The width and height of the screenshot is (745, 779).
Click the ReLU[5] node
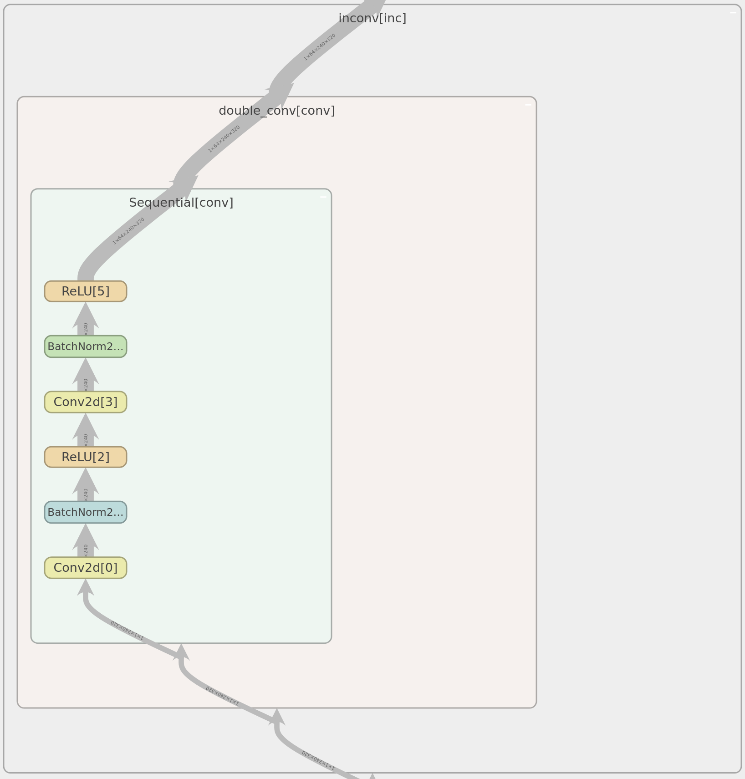tap(86, 291)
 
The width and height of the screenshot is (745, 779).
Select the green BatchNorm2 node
tap(86, 346)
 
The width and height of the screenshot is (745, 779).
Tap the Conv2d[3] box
tap(86, 402)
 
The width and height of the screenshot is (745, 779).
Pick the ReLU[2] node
tap(86, 457)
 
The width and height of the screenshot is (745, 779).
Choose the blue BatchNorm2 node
tap(86, 512)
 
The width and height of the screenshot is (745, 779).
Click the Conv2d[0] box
tap(86, 568)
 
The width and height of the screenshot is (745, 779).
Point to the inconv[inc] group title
tap(372, 19)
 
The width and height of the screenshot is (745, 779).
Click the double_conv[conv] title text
tap(276, 111)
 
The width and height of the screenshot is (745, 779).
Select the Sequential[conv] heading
tap(181, 203)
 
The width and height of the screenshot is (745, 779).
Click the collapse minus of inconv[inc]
tap(733, 13)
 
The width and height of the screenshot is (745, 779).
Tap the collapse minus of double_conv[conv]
tap(528, 105)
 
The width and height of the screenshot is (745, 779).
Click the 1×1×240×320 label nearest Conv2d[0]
tap(127, 631)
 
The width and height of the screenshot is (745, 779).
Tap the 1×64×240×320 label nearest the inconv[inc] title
tap(320, 47)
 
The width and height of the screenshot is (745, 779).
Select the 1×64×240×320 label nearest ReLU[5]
tap(128, 231)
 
